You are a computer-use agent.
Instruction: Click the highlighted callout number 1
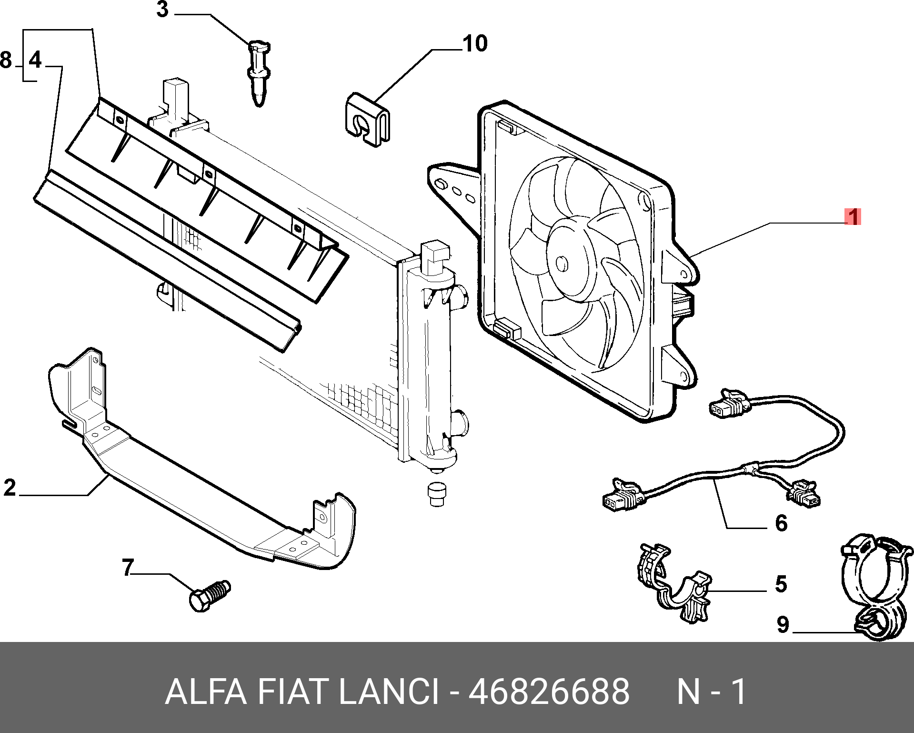coord(853,217)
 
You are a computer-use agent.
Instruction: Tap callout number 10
coord(474,44)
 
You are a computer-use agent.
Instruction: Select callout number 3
coord(162,10)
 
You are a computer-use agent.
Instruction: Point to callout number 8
coord(6,61)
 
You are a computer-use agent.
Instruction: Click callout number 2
coord(10,488)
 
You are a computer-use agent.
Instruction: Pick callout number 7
coord(128,568)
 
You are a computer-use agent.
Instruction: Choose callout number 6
coord(781,523)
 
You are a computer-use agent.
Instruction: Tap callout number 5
coord(781,584)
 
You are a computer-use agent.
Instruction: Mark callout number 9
coord(783,625)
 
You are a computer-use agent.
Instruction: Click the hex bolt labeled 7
coord(209,596)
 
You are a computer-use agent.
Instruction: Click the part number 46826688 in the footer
coord(549,692)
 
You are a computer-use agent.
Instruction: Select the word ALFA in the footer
coord(206,692)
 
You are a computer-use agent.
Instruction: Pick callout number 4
coord(35,61)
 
